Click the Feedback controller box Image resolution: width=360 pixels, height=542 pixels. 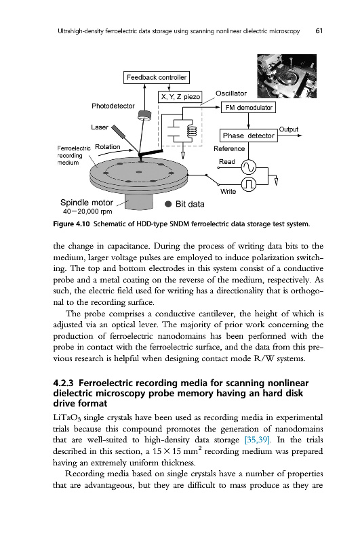pyautogui.click(x=157, y=77)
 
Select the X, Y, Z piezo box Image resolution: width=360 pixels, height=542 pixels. pyautogui.click(x=180, y=97)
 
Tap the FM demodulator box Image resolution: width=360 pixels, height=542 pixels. pyautogui.click(x=249, y=108)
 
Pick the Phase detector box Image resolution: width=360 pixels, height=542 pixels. pyautogui.click(x=249, y=135)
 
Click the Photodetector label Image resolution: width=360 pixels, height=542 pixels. pyautogui.click(x=113, y=106)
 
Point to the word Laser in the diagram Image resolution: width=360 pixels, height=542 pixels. pyautogui.click(x=100, y=127)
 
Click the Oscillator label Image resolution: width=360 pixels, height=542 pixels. pyautogui.click(x=231, y=93)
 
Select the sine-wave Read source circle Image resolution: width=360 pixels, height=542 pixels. pyautogui.click(x=249, y=167)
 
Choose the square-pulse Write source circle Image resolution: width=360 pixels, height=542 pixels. pyautogui.click(x=249, y=184)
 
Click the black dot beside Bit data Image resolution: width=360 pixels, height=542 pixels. pyautogui.click(x=168, y=204)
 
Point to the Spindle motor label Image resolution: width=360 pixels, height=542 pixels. pyautogui.click(x=87, y=203)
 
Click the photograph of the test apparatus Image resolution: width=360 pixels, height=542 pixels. pyautogui.click(x=287, y=76)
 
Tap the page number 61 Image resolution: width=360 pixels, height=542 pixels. pyautogui.click(x=319, y=30)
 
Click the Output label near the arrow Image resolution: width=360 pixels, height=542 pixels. pyautogui.click(x=288, y=129)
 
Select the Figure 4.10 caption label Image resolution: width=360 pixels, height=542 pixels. pyautogui.click(x=72, y=224)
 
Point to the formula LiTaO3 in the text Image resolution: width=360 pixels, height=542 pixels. pyautogui.click(x=66, y=418)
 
